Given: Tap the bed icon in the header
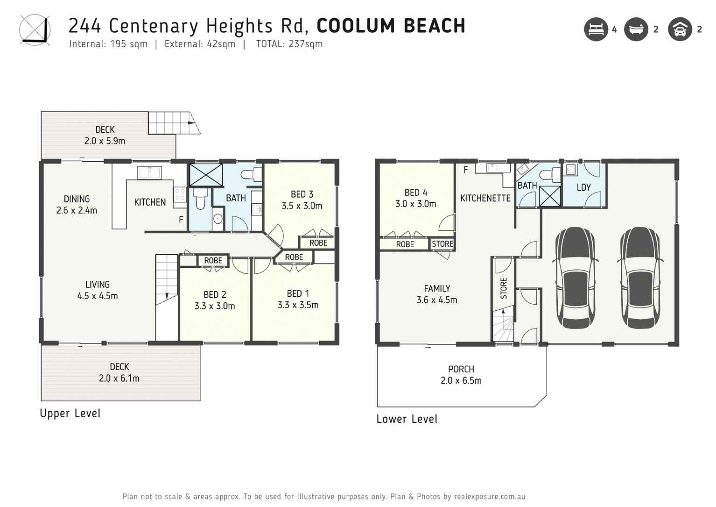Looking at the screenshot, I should click(x=596, y=29).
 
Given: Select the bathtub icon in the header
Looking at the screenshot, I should click(x=636, y=29).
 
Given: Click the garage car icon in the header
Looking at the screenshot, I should click(x=680, y=29).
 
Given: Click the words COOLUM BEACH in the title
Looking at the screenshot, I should click(x=391, y=26).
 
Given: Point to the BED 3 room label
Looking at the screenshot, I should click(x=302, y=194).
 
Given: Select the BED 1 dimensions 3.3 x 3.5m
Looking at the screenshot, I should click(x=298, y=305).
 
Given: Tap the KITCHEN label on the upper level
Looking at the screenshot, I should click(x=150, y=202).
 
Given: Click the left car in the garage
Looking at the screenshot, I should click(x=575, y=278).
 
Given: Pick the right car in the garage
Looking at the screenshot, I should click(x=639, y=278).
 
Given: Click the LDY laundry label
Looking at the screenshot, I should click(x=583, y=187).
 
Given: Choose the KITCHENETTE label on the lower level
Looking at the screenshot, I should click(x=485, y=198).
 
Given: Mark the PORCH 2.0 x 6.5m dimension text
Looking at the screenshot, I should click(x=461, y=381).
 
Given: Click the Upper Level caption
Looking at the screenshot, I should click(x=70, y=414).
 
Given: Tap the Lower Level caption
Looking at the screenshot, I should click(x=407, y=419).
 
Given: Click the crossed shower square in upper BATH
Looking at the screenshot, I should click(x=206, y=175).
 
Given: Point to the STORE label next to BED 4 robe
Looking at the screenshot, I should click(x=442, y=244).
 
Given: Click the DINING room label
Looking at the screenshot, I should click(x=77, y=199).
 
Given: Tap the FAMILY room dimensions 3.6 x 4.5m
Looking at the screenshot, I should click(x=437, y=300).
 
